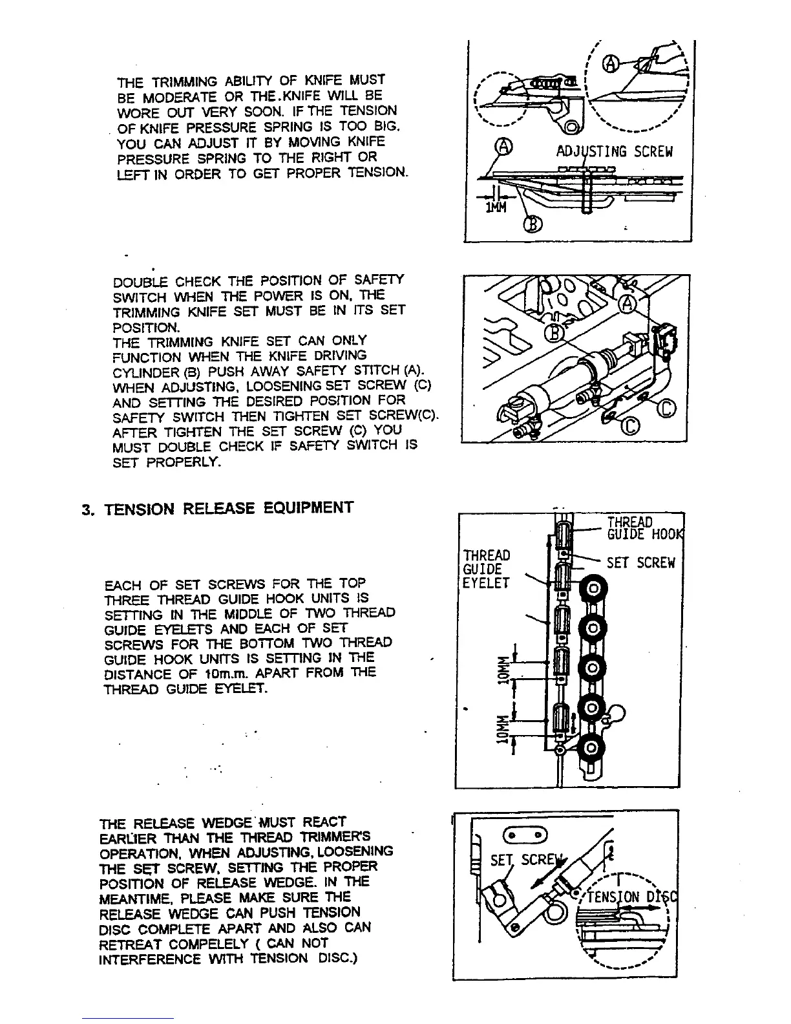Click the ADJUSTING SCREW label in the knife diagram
pyautogui.click(x=615, y=152)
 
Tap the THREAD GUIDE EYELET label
pyautogui.click(x=487, y=569)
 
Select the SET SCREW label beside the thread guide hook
pyautogui.click(x=640, y=563)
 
